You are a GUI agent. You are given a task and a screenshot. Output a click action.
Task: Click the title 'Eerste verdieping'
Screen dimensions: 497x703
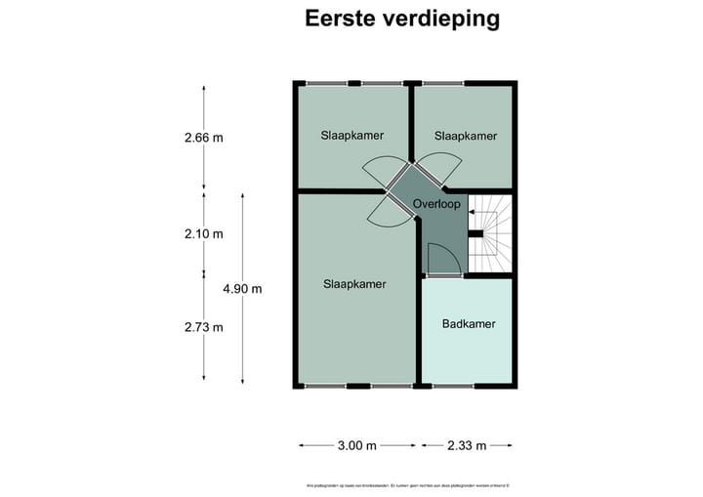[402, 19]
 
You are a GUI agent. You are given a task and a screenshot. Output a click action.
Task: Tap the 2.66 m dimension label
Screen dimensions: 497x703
[203, 138]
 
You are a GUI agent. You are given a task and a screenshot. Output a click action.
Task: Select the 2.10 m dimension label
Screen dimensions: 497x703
[203, 233]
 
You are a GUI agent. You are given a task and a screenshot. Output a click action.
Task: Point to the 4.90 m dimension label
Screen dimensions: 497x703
[242, 288]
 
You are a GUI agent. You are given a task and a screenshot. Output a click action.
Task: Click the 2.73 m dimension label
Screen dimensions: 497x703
[203, 327]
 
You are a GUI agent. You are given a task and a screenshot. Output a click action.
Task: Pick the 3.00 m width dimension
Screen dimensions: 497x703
[356, 445]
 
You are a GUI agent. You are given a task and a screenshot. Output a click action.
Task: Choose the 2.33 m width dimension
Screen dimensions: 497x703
[467, 445]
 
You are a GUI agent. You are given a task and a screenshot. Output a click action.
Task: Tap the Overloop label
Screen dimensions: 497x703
[435, 204]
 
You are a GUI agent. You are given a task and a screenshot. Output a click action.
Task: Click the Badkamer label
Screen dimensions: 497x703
[468, 323]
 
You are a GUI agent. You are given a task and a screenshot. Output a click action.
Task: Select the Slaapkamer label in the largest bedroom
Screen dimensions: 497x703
[354, 284]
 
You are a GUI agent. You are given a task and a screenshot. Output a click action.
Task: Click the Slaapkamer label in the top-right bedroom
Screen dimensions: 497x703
[466, 136]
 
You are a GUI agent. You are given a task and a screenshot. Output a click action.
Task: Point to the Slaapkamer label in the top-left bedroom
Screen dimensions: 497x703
[351, 136]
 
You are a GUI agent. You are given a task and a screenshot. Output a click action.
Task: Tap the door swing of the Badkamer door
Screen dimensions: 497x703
[441, 260]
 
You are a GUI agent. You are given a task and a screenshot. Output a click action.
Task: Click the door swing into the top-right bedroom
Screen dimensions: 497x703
[434, 168]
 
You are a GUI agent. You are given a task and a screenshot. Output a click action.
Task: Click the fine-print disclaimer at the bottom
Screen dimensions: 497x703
[402, 486]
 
